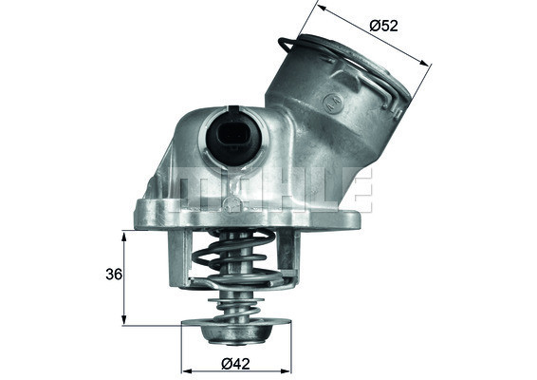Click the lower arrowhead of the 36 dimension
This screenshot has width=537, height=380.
[123, 321]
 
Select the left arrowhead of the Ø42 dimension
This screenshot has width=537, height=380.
[185, 370]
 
